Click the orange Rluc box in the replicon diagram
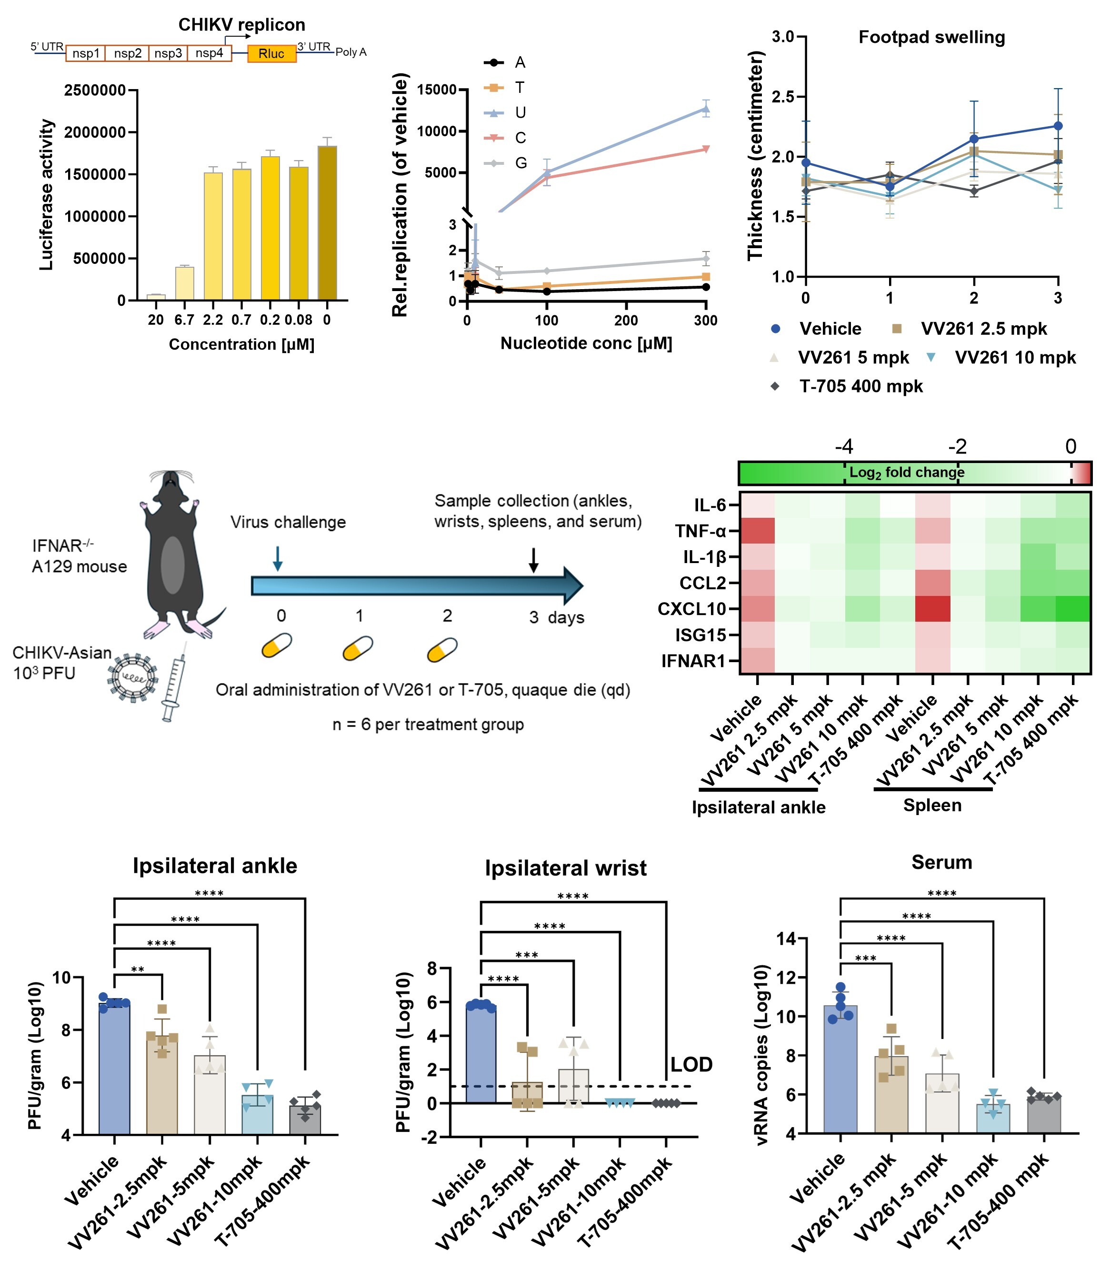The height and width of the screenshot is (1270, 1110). coord(271,54)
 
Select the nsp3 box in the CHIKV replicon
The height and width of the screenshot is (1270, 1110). coord(168,53)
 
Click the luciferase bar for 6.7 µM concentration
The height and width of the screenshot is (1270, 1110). coord(185,283)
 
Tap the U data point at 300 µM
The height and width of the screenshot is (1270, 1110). coord(706,109)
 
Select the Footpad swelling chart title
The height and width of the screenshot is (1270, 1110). coord(931,37)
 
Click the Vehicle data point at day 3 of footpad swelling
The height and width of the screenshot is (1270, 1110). coord(1058,126)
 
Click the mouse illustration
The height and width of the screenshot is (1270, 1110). coord(175,554)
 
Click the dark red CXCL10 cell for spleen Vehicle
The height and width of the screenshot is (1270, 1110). coord(932,609)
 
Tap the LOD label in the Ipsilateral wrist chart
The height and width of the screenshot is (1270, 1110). coord(691,1064)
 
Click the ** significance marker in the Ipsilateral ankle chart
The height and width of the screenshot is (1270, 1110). coord(138,969)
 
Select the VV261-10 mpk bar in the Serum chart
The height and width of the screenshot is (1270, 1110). coord(993,1118)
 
